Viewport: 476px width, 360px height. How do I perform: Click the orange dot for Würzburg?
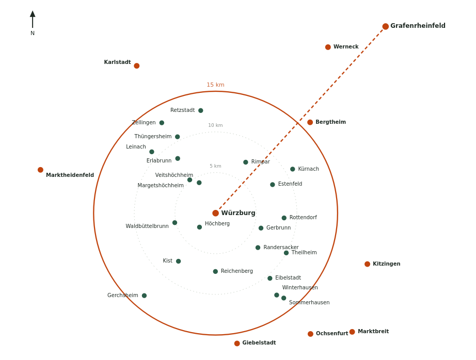(215, 213)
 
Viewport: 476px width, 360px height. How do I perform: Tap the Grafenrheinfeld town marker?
(386, 26)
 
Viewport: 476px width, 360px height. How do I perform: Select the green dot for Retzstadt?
(201, 110)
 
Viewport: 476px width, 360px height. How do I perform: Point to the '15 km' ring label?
(215, 85)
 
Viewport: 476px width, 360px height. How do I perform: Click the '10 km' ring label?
(215, 125)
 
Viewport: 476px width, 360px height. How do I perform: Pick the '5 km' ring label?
(215, 166)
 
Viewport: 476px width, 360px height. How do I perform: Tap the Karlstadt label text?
(118, 62)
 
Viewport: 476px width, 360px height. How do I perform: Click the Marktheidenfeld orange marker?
(40, 170)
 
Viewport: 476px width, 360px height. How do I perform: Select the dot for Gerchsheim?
(144, 296)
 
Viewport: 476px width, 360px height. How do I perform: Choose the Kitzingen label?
(387, 264)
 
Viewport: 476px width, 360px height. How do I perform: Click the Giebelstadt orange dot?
(237, 343)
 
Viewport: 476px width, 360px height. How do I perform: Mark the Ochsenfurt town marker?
(311, 334)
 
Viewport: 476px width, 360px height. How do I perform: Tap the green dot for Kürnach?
(293, 169)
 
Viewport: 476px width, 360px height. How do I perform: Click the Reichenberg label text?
(237, 271)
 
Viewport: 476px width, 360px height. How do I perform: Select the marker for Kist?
(179, 261)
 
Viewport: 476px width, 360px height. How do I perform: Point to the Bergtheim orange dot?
(310, 122)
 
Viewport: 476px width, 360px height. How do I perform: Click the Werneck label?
(346, 47)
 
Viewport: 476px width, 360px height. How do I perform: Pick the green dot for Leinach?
(152, 152)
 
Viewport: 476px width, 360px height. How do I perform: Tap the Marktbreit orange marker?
(352, 332)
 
